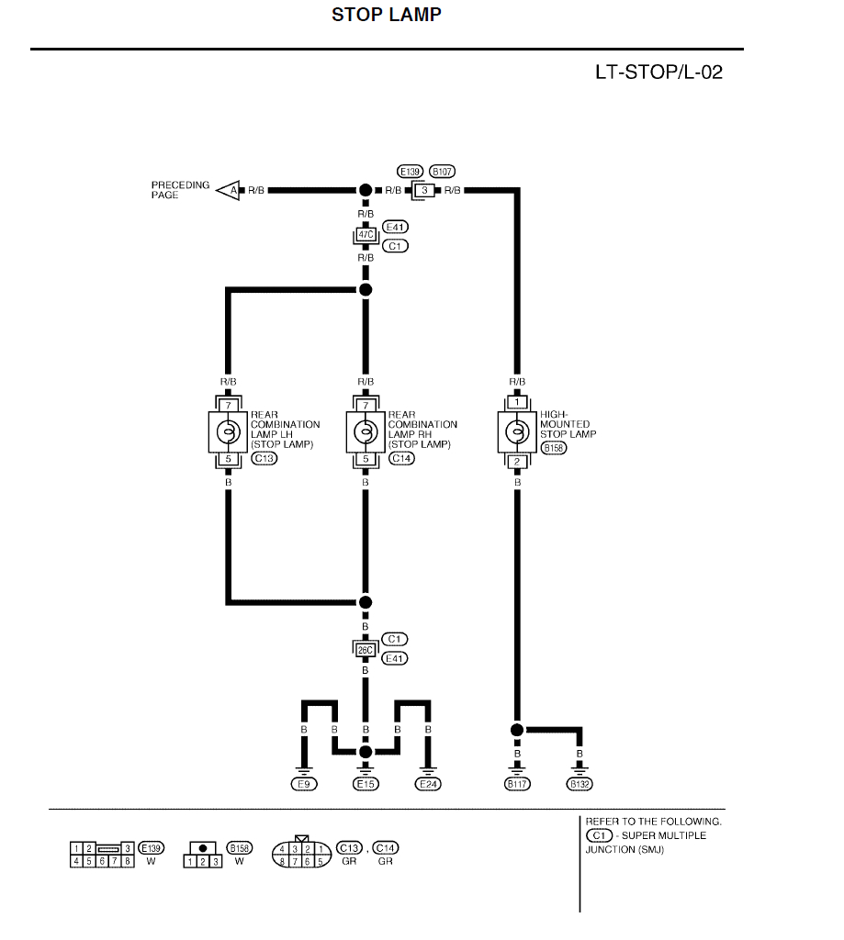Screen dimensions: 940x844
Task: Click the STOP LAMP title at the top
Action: (386, 15)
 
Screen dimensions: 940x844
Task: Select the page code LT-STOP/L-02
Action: (658, 73)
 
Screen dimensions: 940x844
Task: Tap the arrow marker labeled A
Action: (230, 190)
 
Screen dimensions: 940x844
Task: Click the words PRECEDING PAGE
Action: (180, 190)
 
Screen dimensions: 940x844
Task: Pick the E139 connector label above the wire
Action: (409, 172)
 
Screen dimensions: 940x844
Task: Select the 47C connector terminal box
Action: (366, 235)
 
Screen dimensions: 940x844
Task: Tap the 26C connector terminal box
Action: (366, 650)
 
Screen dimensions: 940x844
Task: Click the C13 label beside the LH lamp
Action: (264, 458)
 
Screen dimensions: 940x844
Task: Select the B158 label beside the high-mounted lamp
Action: (554, 448)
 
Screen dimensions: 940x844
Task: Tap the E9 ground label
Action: (303, 784)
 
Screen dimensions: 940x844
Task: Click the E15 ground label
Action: (366, 784)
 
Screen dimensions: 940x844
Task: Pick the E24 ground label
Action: (428, 784)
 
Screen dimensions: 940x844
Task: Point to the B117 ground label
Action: (517, 784)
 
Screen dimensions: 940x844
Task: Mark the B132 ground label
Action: (579, 784)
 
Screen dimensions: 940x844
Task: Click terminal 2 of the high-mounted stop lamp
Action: (517, 462)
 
